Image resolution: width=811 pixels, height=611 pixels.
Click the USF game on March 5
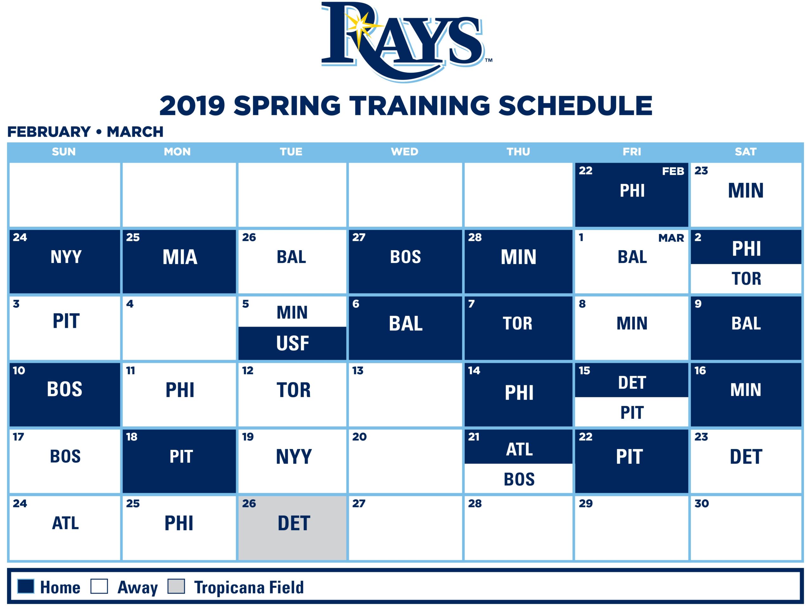click(x=292, y=343)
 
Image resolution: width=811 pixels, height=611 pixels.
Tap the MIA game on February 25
click(x=180, y=257)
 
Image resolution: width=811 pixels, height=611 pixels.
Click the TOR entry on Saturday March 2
click(x=746, y=278)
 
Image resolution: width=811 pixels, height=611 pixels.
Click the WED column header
click(x=405, y=152)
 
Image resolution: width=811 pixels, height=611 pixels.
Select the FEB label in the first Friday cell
click(x=673, y=171)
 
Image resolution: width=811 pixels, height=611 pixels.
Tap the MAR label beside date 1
click(x=671, y=238)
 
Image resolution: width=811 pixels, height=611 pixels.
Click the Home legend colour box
click(x=26, y=586)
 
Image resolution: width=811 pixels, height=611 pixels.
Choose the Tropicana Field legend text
click(x=249, y=587)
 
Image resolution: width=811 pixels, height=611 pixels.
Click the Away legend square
click(x=99, y=586)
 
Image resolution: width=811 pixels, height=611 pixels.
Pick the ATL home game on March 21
click(x=519, y=450)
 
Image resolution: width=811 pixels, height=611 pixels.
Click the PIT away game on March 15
click(x=632, y=413)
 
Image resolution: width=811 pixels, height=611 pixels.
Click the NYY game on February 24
click(x=66, y=257)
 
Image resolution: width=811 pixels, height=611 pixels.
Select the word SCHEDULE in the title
click(x=575, y=106)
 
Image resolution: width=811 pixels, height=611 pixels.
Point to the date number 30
click(x=701, y=504)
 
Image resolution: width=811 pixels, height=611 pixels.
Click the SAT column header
click(x=745, y=152)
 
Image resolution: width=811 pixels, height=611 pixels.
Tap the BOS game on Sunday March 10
click(x=65, y=389)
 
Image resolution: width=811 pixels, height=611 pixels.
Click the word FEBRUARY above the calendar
click(x=49, y=132)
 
